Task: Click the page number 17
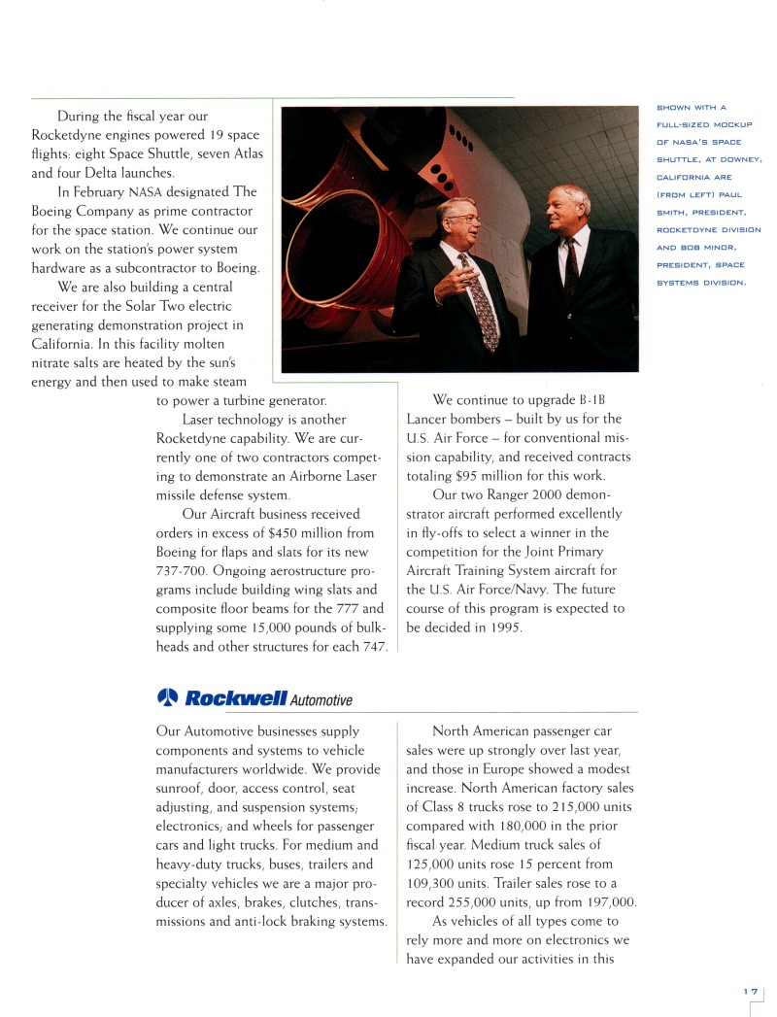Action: [x=750, y=991]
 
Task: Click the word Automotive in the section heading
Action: [x=321, y=700]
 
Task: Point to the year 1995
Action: [x=503, y=627]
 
